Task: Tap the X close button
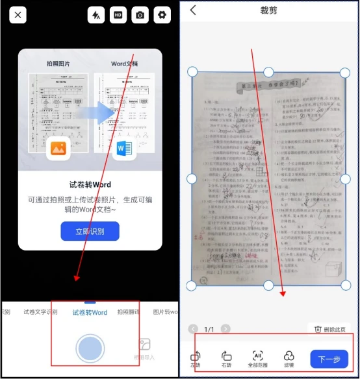(x=18, y=15)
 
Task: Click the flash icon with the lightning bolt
(x=96, y=15)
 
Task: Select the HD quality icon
(x=118, y=15)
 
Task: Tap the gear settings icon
(x=161, y=15)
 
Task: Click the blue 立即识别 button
(x=90, y=231)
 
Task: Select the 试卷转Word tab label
(x=90, y=313)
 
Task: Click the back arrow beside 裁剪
(x=193, y=10)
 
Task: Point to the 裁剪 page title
(x=268, y=11)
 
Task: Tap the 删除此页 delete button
(x=329, y=330)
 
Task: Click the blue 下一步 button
(x=329, y=359)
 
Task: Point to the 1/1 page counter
(x=209, y=330)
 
